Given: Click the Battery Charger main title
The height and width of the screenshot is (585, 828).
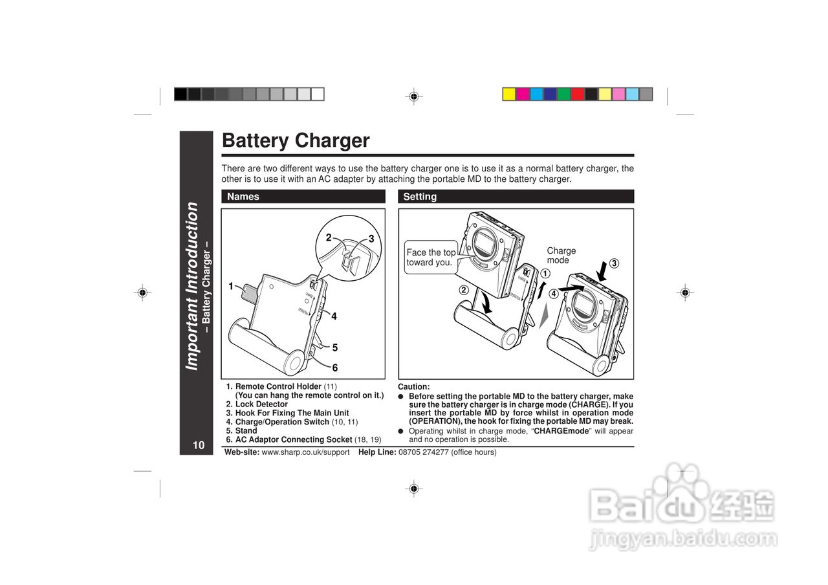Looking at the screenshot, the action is point(296,140).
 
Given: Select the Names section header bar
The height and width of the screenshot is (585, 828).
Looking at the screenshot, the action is point(303,197).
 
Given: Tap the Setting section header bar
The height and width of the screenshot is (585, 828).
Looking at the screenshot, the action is point(516,197).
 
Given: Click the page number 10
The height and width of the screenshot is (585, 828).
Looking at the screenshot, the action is point(198,445).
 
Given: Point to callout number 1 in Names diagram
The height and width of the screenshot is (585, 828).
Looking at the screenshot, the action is point(230,286).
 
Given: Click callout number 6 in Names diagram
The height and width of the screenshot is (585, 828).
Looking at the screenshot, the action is point(335,368).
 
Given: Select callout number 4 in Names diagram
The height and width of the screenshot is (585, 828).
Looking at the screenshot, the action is point(334,316).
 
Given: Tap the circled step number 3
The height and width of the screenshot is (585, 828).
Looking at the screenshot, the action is point(614,263).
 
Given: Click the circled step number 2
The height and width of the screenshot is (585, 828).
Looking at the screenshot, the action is point(464,289).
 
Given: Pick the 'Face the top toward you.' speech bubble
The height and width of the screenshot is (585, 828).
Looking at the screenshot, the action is point(431,258).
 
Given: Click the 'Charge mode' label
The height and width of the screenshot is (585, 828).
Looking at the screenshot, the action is point(561,255).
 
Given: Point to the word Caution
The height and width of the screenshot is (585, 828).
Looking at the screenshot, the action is point(413,387).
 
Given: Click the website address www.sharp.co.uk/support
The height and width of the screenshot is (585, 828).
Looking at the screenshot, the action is point(305,452).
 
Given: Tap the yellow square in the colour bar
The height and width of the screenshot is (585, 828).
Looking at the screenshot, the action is point(509,94).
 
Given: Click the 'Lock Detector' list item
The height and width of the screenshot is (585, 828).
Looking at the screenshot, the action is point(261,404).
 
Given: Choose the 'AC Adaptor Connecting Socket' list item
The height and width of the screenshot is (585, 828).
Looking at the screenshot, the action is point(293,439).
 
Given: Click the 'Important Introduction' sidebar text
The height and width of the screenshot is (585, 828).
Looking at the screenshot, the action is point(191,286).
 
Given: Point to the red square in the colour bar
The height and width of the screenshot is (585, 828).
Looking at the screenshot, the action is point(578,94).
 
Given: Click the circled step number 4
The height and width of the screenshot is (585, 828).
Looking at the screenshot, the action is point(554,293).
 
